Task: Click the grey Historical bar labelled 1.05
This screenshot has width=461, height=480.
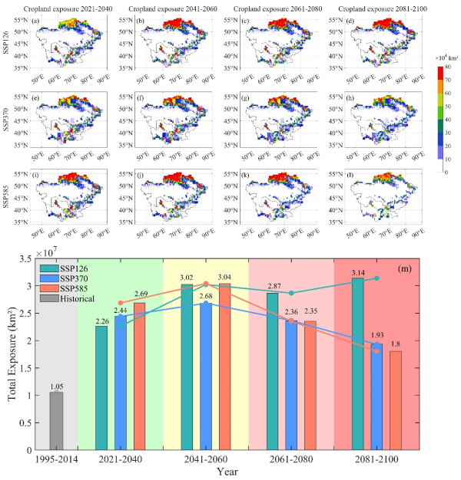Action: coord(57,421)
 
